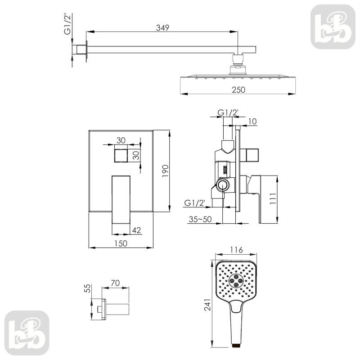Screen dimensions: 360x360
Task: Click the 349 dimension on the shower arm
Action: coord(162,27)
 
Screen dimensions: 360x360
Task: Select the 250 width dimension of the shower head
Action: coord(238,90)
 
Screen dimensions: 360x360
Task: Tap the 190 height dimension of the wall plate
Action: coord(165,171)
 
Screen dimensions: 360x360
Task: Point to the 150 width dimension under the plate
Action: coord(121,243)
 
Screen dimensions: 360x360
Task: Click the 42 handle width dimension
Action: coord(136,230)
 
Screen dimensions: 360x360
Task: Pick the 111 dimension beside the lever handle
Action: coord(273,199)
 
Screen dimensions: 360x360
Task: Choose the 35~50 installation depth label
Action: coord(200,219)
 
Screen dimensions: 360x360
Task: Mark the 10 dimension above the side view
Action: coord(252,121)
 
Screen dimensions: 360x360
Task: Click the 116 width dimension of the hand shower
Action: coord(237,250)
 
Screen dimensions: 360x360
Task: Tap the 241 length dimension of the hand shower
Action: coord(207,305)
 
